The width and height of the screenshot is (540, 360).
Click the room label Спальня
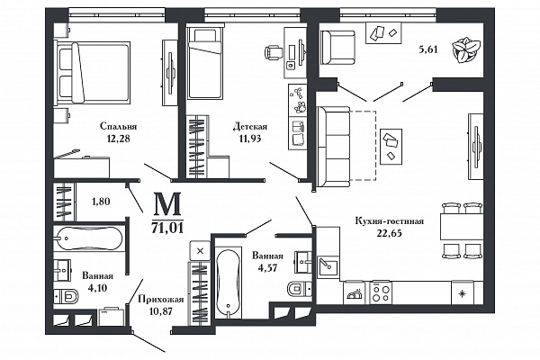119,126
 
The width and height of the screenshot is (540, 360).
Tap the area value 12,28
118,139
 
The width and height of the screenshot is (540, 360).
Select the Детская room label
250,126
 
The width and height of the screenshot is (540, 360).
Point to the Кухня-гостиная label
389,220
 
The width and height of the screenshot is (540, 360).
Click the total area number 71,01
167,228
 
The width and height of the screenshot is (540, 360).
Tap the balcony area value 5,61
428,49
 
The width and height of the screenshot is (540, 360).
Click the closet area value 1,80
101,202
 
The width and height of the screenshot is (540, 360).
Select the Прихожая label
161,300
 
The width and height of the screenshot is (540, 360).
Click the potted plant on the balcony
465,50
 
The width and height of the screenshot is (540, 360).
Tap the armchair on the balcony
337,47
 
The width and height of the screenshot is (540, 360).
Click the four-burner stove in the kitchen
381,292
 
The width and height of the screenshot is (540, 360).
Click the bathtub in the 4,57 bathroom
228,282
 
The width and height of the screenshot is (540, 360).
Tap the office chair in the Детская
274,53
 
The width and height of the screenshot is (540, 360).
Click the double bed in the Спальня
92,72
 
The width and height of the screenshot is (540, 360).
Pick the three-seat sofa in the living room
334,147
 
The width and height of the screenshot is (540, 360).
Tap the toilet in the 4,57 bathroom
300,289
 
